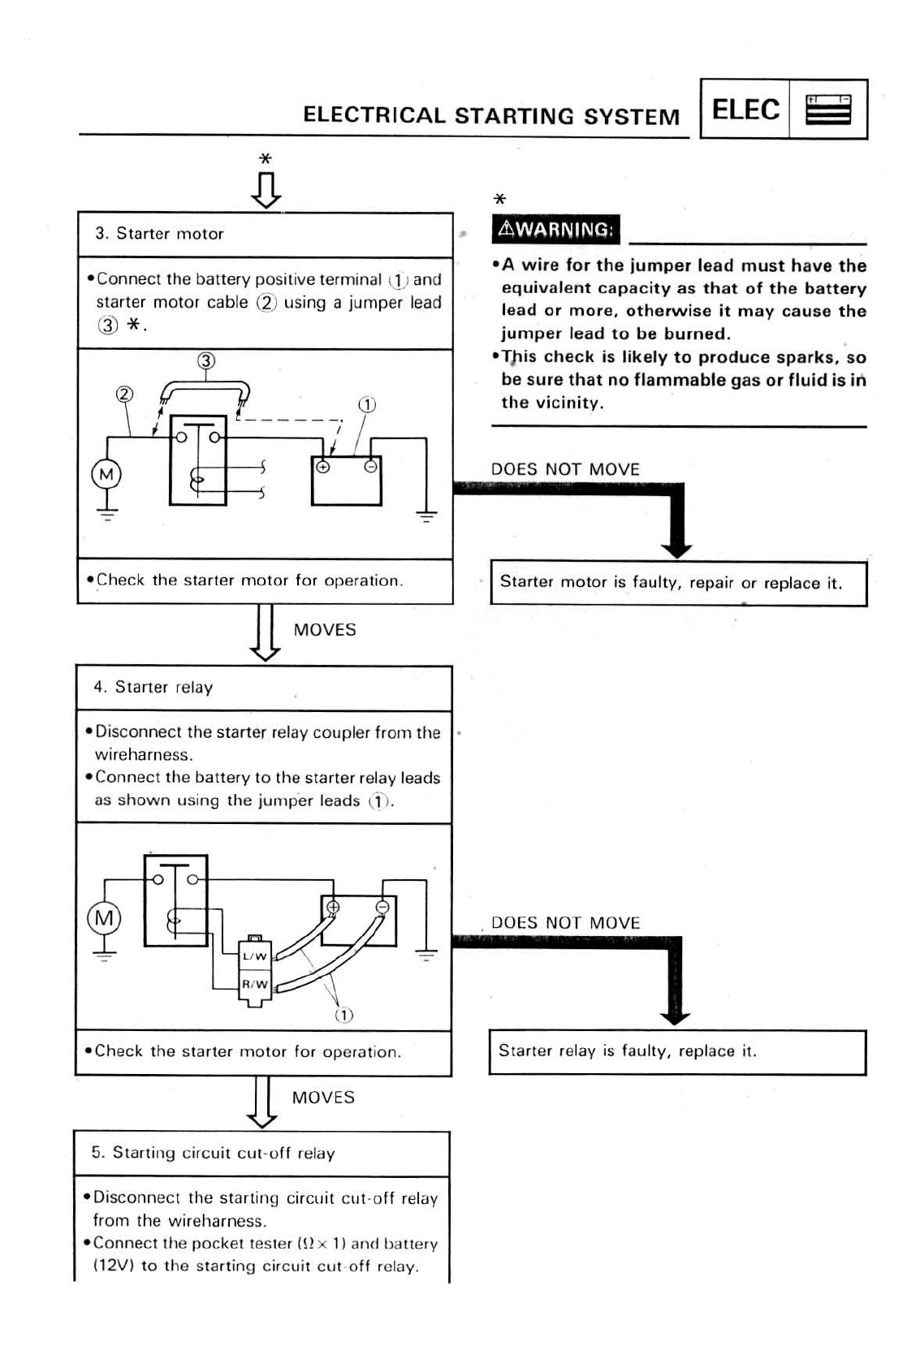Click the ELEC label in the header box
[745, 110]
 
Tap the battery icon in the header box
[827, 110]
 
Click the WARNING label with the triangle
[555, 229]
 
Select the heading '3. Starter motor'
[159, 234]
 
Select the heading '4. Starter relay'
[153, 688]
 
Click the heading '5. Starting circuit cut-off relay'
[213, 1153]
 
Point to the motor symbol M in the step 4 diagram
[104, 918]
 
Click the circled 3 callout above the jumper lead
[206, 360]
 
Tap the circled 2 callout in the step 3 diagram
[123, 395]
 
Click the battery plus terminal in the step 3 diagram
[323, 467]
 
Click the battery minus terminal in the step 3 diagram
[370, 467]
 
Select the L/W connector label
[255, 956]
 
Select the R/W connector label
[255, 984]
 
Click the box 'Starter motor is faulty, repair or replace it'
[678, 583]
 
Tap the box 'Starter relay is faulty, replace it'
[676, 1051]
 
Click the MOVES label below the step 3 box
[325, 630]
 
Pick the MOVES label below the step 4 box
[323, 1098]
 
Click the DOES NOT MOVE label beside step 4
[565, 923]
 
